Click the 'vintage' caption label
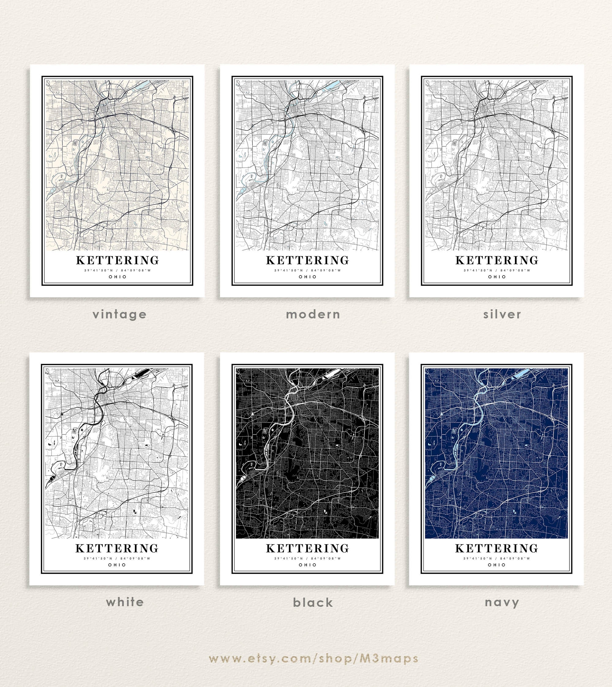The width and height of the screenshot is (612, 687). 120,314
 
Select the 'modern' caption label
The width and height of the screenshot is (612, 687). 313,314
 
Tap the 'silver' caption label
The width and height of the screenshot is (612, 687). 502,314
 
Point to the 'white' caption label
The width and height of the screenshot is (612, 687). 125,602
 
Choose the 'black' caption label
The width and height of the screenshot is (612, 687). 313,602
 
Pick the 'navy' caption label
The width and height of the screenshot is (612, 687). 502,602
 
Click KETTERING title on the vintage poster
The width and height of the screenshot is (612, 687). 118,261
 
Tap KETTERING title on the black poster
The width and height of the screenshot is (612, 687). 308,548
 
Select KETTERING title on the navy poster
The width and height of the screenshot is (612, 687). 497,548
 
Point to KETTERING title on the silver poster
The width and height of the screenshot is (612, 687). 497,261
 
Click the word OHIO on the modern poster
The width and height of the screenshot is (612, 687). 308,277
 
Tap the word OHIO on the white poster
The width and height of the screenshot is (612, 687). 117,565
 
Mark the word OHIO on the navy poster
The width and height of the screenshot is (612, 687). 497,565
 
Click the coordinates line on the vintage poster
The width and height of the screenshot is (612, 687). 118,270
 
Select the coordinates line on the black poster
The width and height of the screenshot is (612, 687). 308,558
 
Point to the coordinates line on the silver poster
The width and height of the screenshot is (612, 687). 497,270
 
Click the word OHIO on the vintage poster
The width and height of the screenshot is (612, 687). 118,277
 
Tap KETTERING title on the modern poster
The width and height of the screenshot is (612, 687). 308,261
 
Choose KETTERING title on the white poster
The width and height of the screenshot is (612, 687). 117,548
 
